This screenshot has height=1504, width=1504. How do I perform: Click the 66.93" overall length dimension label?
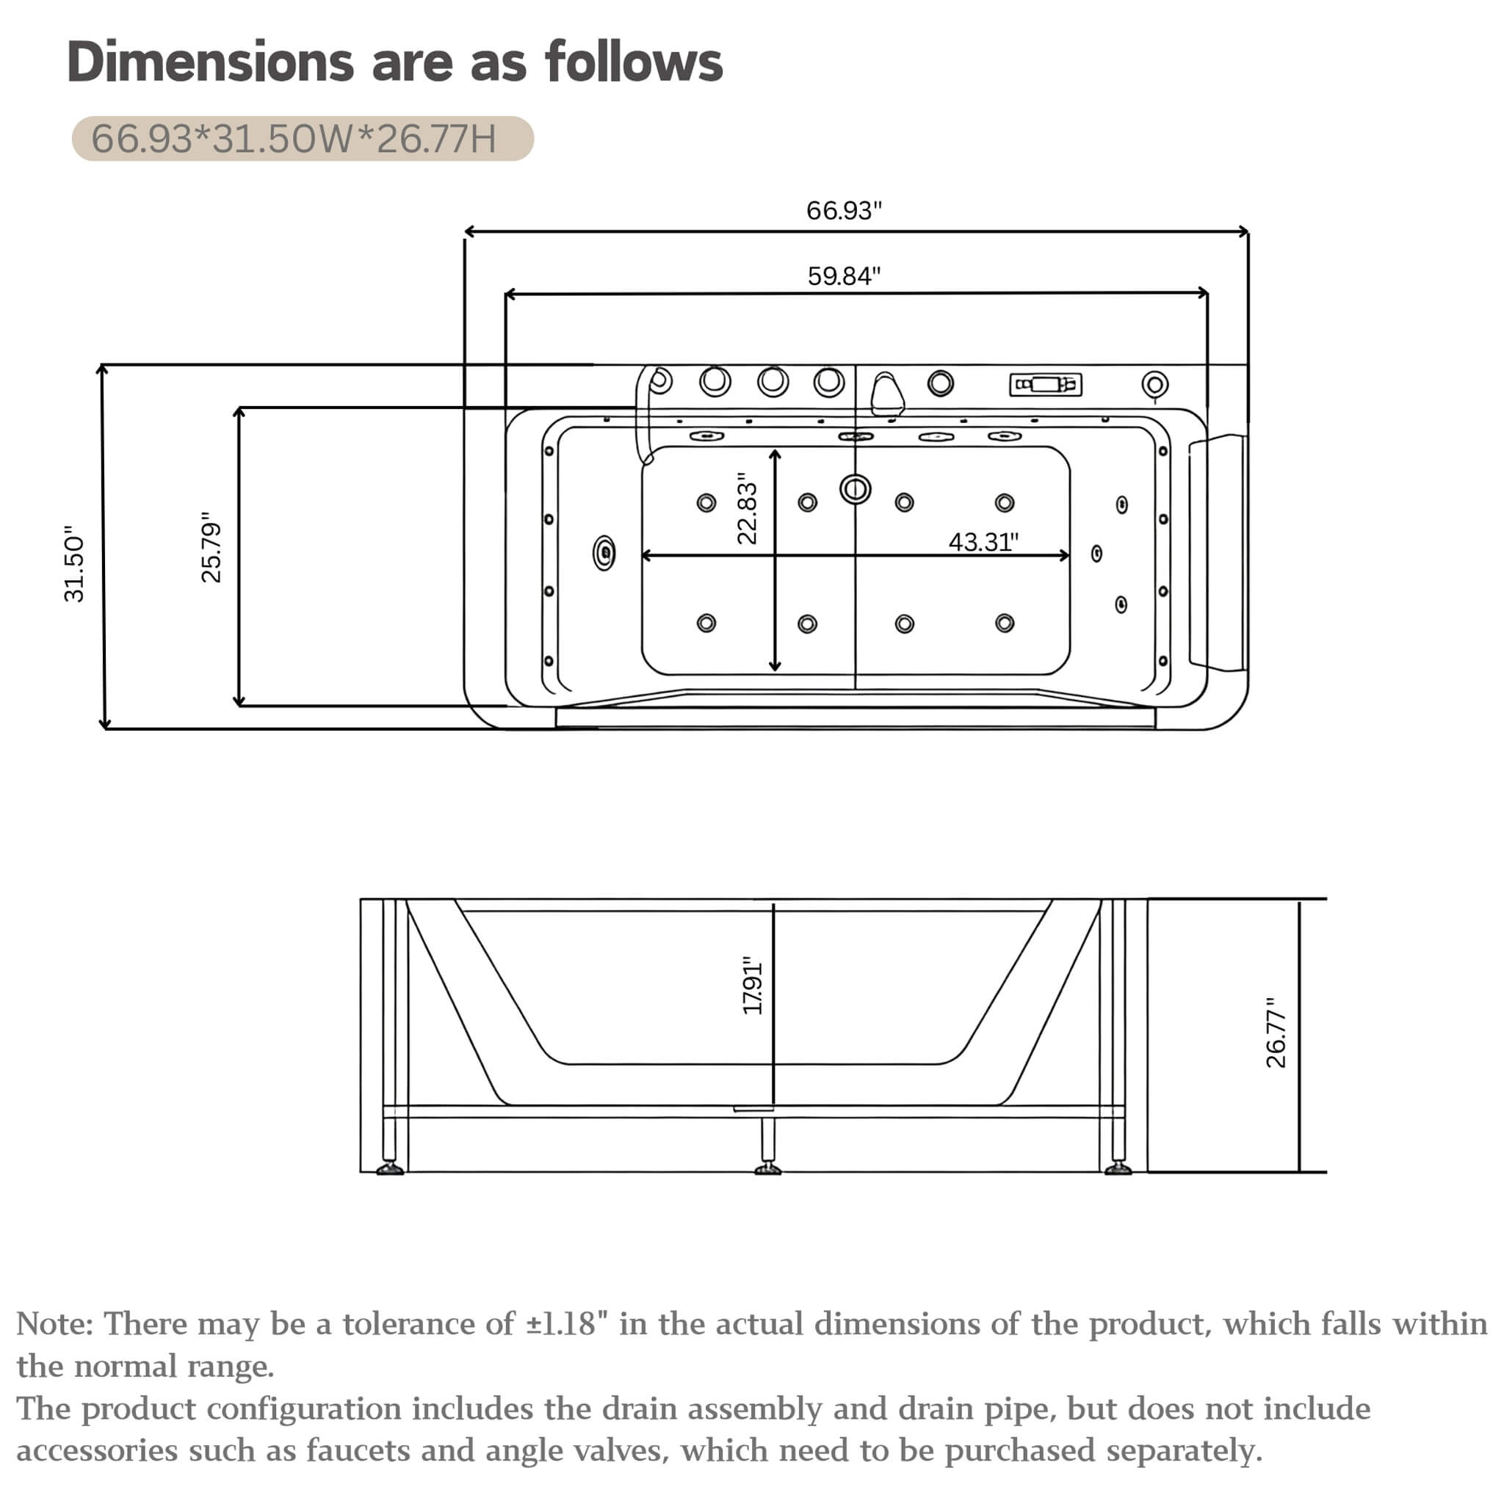pyautogui.click(x=844, y=210)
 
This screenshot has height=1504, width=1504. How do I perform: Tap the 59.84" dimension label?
pyautogui.click(x=844, y=275)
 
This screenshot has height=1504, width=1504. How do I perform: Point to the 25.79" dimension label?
pyautogui.click(x=211, y=547)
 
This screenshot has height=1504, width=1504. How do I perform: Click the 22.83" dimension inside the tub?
pyautogui.click(x=747, y=508)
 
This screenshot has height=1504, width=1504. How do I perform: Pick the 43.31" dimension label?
pyautogui.click(x=983, y=542)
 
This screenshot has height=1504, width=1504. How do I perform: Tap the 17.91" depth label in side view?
pyautogui.click(x=752, y=986)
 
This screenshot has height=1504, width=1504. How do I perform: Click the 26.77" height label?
pyautogui.click(x=1276, y=1033)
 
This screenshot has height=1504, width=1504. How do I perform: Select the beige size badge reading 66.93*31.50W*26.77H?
pyautogui.click(x=303, y=139)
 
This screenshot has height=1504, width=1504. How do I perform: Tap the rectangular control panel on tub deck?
pyautogui.click(x=1046, y=385)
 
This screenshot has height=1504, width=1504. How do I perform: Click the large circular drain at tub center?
pyautogui.click(x=856, y=490)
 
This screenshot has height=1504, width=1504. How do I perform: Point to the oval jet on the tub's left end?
pyautogui.click(x=604, y=554)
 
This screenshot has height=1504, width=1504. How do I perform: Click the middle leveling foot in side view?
pyautogui.click(x=767, y=1168)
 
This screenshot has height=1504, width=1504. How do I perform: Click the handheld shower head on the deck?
pyautogui.click(x=886, y=394)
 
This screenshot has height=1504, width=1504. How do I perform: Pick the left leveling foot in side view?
pyautogui.click(x=390, y=1168)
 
